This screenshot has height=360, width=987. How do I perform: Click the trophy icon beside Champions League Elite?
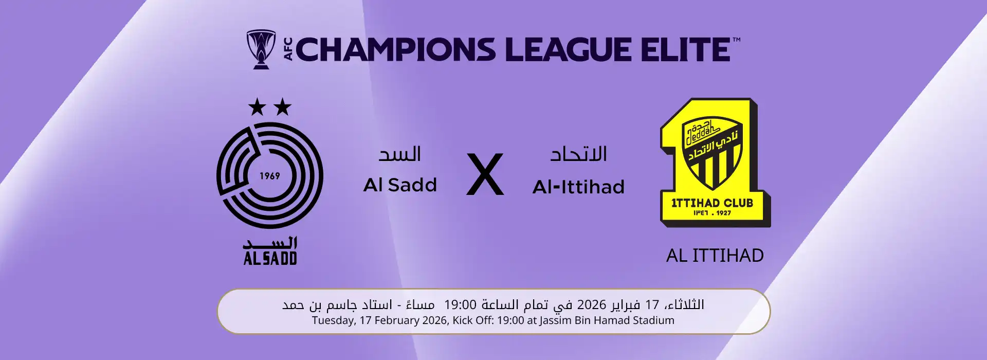[261, 49]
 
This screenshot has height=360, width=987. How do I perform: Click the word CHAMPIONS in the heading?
[395, 50]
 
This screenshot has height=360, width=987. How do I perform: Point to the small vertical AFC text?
[288, 49]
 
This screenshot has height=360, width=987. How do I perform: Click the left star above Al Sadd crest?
[257, 107]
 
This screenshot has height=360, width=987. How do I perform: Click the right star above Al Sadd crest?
[282, 107]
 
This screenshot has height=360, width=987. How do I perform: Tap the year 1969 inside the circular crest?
[269, 176]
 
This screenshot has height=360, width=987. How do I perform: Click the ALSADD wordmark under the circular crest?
[270, 258]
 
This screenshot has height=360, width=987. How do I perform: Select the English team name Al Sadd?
[400, 185]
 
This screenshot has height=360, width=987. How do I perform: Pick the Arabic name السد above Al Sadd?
[400, 154]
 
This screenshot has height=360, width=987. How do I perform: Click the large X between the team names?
[485, 175]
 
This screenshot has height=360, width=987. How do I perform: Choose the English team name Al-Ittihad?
[578, 187]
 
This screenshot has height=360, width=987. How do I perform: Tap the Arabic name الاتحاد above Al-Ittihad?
[579, 154]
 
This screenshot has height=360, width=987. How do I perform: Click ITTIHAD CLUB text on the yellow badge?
[712, 203]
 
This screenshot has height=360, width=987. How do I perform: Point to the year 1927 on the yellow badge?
[724, 213]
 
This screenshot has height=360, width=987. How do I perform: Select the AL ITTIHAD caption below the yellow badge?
[715, 256]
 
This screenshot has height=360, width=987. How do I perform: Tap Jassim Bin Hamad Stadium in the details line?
[607, 320]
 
